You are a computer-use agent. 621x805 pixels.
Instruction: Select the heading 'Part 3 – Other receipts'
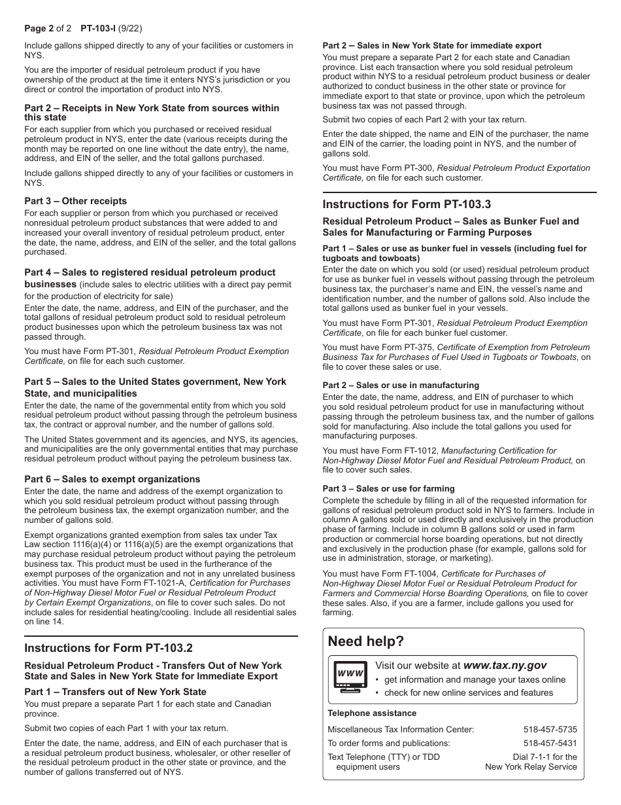pyautogui.click(x=76, y=201)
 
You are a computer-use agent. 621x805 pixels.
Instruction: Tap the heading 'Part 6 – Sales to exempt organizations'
pyautogui.click(x=112, y=479)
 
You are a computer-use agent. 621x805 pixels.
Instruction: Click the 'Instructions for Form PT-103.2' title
pyautogui.click(x=109, y=648)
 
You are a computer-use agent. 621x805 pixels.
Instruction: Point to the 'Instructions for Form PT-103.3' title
pyautogui.click(x=407, y=204)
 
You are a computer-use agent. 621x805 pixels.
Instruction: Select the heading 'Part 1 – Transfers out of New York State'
pyautogui.click(x=115, y=692)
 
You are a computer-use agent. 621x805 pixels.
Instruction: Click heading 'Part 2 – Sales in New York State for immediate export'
pyautogui.click(x=432, y=46)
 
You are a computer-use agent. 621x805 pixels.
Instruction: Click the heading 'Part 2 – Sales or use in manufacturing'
pyautogui.click(x=401, y=385)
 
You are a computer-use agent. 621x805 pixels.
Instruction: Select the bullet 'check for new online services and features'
pyautogui.click(x=468, y=692)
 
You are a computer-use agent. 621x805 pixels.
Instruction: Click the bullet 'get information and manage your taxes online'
pyautogui.click(x=475, y=679)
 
